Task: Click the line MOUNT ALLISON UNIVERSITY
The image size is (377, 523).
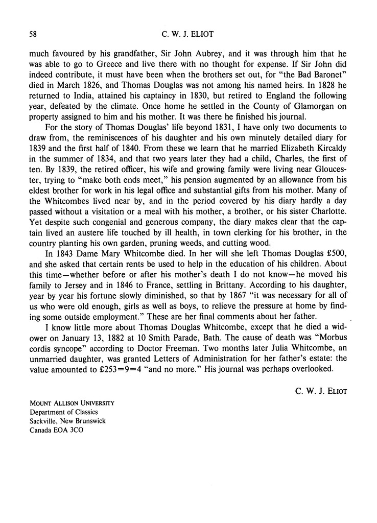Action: (x=72, y=402)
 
